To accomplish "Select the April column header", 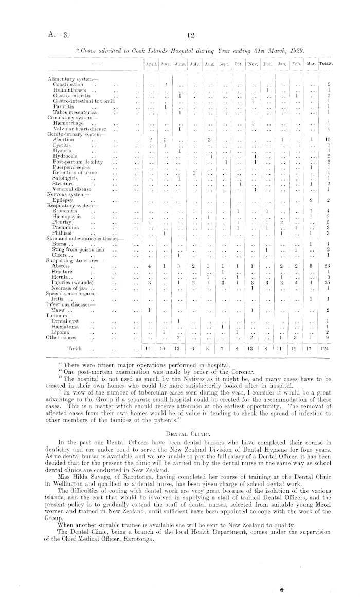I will pyautogui.click(x=151, y=64).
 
